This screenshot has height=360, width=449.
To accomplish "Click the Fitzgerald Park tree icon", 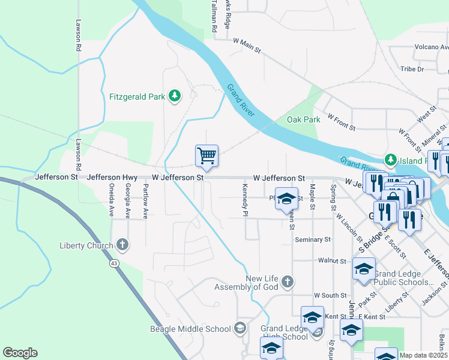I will click(x=175, y=96).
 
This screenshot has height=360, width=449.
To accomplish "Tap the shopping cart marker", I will click(x=206, y=156).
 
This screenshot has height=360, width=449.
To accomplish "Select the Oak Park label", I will click(x=303, y=119).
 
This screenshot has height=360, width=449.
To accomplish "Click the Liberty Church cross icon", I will click(x=122, y=245).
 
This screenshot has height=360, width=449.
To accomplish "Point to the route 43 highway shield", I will click(x=113, y=263).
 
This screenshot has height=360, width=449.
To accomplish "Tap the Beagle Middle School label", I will click(x=190, y=329).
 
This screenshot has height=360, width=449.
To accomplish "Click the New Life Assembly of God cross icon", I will click(x=288, y=281).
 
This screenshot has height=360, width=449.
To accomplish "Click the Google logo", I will click(x=20, y=353).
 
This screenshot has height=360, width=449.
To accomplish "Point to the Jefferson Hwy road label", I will click(x=113, y=178).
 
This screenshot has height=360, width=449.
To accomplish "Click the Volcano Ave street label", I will click(x=432, y=47).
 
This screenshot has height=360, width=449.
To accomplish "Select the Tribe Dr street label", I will click(x=412, y=69).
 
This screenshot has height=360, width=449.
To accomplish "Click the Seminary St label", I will click(x=313, y=239).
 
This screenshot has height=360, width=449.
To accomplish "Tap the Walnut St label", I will click(x=333, y=261).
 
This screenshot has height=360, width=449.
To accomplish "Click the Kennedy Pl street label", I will click(x=245, y=200).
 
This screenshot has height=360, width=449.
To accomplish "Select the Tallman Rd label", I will click(x=214, y=12).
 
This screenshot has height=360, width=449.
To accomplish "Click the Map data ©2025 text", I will click(x=423, y=355).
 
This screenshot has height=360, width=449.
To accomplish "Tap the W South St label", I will click(x=330, y=295).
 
